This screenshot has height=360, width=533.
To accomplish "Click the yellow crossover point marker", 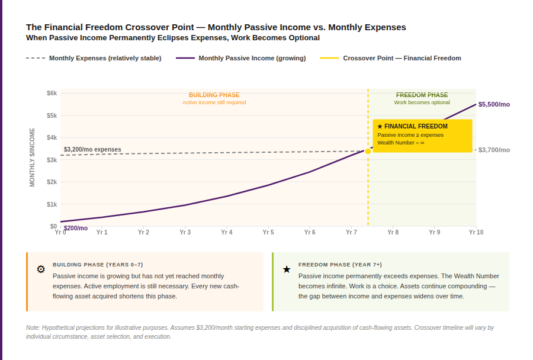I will tap(368, 151).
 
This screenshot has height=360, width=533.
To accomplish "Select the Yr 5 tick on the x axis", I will tap(268, 233).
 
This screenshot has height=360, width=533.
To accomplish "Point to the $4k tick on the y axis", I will tap(52, 137).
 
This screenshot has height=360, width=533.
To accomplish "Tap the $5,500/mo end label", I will tap(494, 104).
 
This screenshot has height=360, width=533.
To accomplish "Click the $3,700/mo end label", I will tap(494, 150).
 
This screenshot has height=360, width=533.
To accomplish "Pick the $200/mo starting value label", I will tap(76, 228).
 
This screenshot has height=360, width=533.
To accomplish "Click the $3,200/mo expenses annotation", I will tap(92, 149).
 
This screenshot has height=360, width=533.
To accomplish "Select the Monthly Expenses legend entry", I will tap(105, 58).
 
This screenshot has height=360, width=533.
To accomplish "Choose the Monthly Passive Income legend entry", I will tap(252, 58).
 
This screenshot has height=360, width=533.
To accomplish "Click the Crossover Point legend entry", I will tap(402, 58).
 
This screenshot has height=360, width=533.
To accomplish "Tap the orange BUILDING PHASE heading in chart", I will tap(214, 95).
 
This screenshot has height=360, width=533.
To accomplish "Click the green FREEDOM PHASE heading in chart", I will tap(422, 95).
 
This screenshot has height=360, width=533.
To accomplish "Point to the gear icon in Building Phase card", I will tap(41, 269).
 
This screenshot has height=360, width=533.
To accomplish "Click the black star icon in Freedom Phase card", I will tap(287, 269).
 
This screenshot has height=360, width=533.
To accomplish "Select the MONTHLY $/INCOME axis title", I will tap(33, 157).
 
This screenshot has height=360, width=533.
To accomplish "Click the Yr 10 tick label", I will tap(476, 233).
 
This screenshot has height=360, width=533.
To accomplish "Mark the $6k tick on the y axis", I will tap(52, 93).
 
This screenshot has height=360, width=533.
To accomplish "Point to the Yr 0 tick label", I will tap(60, 233).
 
